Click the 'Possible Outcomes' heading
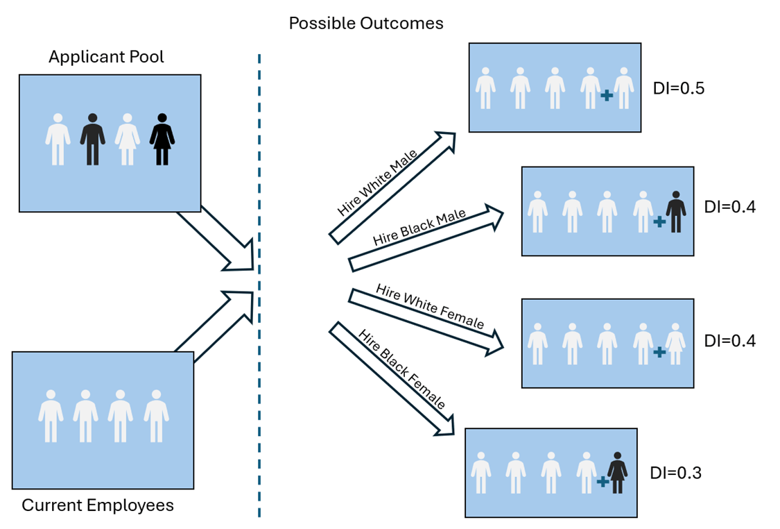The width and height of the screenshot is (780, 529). tap(366, 24)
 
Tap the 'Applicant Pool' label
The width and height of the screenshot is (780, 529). tap(106, 57)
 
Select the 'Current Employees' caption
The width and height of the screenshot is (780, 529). tap(98, 505)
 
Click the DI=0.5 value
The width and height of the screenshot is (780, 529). tap(679, 89)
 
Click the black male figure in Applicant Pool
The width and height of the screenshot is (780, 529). tap(92, 140)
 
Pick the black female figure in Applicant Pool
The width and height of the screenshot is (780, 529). tap(162, 140)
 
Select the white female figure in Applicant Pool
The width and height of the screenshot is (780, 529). tap(128, 140)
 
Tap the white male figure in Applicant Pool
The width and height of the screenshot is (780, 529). tap(58, 140)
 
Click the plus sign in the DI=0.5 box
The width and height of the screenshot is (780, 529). tap(607, 96)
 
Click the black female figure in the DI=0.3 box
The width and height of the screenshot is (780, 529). tap(617, 473)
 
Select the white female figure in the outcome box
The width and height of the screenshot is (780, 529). tap(675, 344)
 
